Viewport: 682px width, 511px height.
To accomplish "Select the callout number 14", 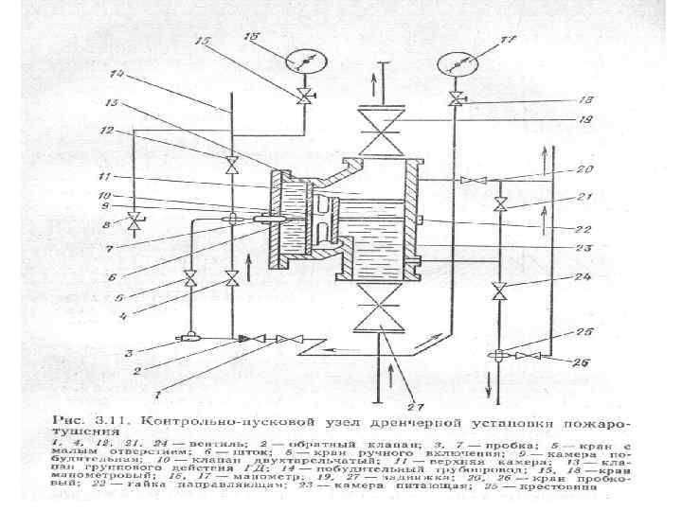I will coord(117,74).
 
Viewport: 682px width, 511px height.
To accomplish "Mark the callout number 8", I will coord(107,225).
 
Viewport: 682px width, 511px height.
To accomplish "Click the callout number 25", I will coord(584,333).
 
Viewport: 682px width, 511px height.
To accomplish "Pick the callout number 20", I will coord(585,170).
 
